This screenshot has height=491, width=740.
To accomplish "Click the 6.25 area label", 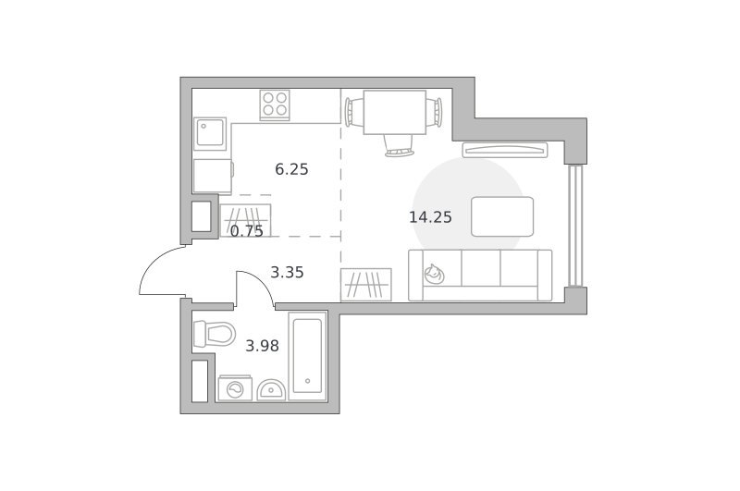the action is pyautogui.click(x=291, y=169).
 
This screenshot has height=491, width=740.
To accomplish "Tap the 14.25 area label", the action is pyautogui.click(x=430, y=217).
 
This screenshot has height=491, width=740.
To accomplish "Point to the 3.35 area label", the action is pyautogui.click(x=287, y=273).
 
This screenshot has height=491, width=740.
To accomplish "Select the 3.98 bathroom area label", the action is pyautogui.click(x=263, y=346).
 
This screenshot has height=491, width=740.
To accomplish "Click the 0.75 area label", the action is pyautogui.click(x=247, y=231).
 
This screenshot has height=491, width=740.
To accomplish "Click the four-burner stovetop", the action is pyautogui.click(x=275, y=104).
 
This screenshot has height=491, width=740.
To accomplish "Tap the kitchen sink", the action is pyautogui.click(x=211, y=133).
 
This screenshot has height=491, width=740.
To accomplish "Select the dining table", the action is pyautogui.click(x=395, y=112).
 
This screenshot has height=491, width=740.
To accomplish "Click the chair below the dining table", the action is pyautogui.click(x=399, y=146).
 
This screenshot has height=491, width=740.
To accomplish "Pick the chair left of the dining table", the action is pyautogui.click(x=354, y=112).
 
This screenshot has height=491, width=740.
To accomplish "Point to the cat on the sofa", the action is pyautogui.click(x=434, y=274).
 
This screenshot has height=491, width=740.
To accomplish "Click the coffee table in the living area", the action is pyautogui.click(x=502, y=216).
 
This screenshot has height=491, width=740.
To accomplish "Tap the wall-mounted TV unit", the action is pyautogui.click(x=505, y=150).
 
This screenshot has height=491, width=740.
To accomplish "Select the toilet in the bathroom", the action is pyautogui.click(x=215, y=334).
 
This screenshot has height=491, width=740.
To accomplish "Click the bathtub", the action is pyautogui.click(x=308, y=356).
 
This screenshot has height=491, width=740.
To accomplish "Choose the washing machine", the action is pyautogui.click(x=235, y=388).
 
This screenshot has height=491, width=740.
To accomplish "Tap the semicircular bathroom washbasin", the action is pyautogui.click(x=271, y=390).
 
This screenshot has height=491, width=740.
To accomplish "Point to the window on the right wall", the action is pyautogui.click(x=575, y=226).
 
